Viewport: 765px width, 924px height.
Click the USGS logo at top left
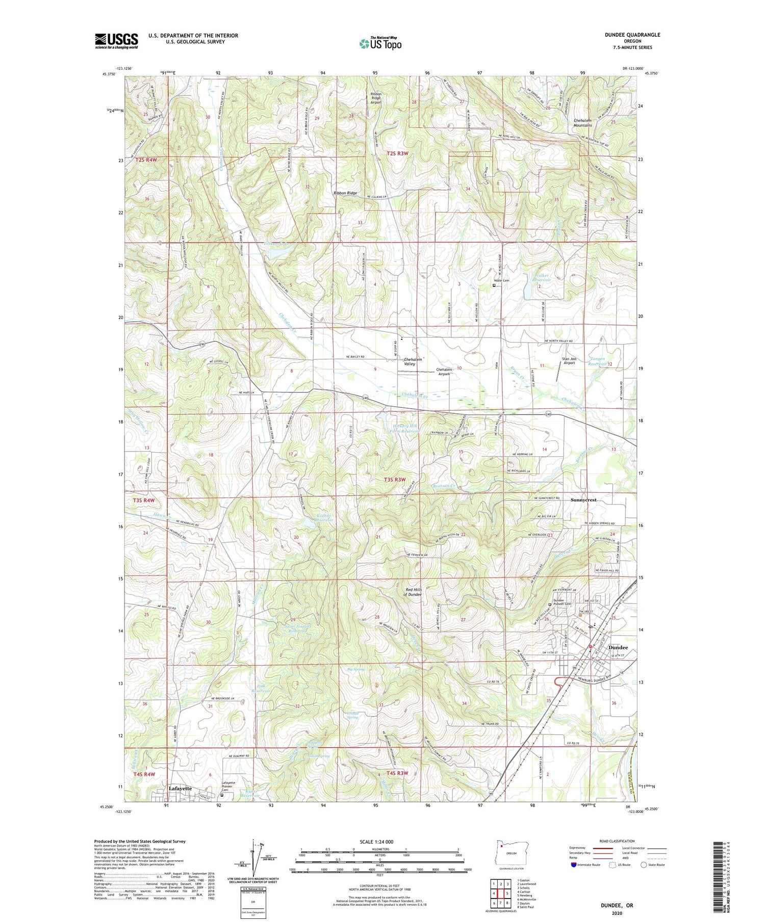[116, 41]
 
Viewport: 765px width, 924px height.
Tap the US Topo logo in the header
[380, 44]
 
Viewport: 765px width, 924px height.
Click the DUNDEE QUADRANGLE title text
[631, 35]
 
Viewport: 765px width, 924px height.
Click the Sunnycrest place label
[583, 500]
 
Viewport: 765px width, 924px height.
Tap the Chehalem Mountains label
[582, 122]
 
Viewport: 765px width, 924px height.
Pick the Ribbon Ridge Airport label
[376, 98]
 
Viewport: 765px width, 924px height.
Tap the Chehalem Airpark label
[444, 372]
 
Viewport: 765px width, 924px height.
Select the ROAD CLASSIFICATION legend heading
[617, 841]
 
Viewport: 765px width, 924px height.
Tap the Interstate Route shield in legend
[574, 864]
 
